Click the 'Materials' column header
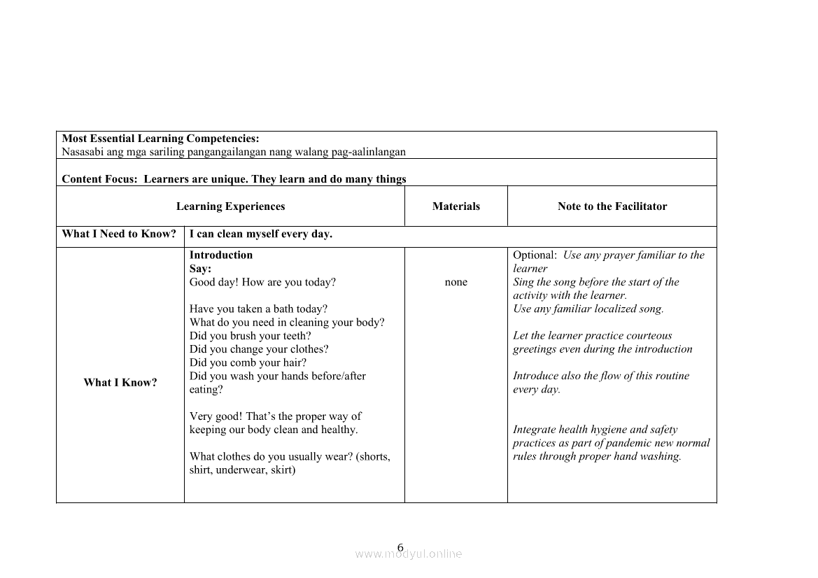[x=456, y=206]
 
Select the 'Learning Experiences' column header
[x=230, y=206]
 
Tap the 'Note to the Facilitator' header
[x=612, y=206]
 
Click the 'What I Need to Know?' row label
[x=119, y=234]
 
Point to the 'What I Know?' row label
[x=120, y=382]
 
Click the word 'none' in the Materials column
[x=456, y=282]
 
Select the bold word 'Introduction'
[x=221, y=255]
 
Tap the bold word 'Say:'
[x=200, y=269]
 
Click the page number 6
[x=400, y=547]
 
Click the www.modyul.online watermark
[x=409, y=554]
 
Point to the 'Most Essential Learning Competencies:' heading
[x=160, y=139]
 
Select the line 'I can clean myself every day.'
[x=261, y=234]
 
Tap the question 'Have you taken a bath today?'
[x=258, y=309]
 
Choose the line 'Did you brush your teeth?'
[x=251, y=336]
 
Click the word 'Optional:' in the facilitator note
[x=535, y=255]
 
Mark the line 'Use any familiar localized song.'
[x=588, y=309]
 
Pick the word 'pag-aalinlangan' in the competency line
[x=371, y=152]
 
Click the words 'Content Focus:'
[x=100, y=179]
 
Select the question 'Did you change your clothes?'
[x=259, y=349]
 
